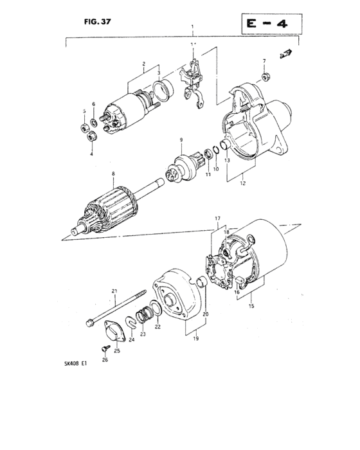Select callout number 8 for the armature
click(113, 174)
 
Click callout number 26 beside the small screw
click(105, 360)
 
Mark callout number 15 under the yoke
click(251, 306)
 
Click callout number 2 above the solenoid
click(144, 64)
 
